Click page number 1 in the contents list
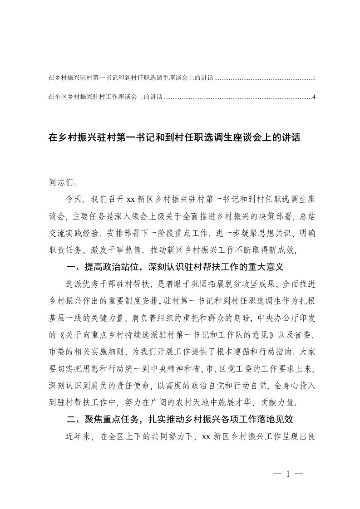(314, 78)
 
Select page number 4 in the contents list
(314, 97)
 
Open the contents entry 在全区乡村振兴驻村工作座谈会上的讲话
(105, 97)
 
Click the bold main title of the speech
(174, 137)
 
